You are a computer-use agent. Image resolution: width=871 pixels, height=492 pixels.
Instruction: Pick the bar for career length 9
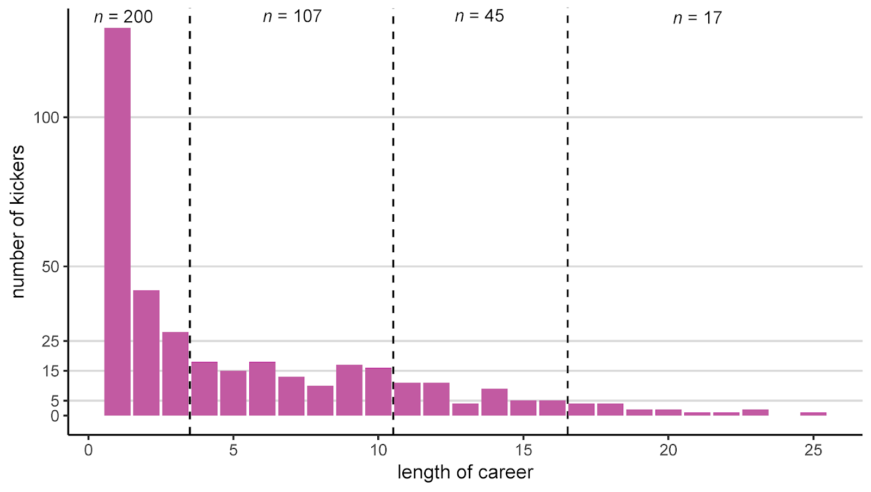[349, 390]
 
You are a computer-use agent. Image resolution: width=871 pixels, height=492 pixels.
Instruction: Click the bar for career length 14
[494, 402]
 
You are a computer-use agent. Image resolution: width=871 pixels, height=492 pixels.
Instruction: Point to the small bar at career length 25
[813, 414]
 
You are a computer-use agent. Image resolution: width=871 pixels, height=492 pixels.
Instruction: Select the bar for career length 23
[755, 412]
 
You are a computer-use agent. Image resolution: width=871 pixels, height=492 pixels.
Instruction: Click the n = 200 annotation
[124, 17]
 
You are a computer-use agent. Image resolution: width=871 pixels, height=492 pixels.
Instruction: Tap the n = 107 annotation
[292, 16]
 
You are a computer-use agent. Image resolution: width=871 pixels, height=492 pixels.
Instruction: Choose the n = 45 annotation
[480, 16]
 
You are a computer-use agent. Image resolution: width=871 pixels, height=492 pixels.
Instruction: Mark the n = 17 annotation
[697, 18]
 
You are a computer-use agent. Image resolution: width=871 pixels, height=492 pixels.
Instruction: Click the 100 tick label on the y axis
[46, 118]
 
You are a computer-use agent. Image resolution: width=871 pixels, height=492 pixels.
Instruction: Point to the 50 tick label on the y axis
[50, 267]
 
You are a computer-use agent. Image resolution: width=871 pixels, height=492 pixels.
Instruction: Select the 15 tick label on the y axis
[50, 371]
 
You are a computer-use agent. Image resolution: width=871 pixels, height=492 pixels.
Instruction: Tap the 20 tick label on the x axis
[668, 450]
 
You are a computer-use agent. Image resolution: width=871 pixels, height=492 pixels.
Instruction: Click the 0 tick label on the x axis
[88, 450]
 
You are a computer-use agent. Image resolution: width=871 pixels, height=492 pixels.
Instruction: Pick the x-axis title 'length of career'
[465, 472]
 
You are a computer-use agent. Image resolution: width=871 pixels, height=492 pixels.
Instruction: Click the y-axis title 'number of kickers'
[18, 221]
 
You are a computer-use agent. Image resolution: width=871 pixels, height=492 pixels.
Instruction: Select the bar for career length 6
[262, 388]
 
